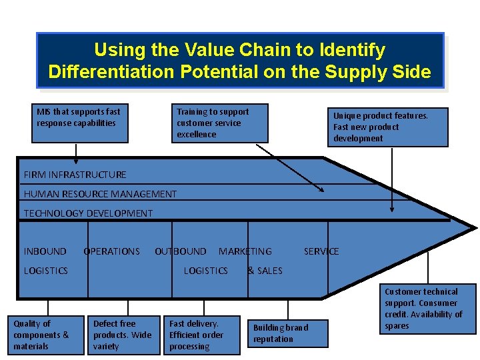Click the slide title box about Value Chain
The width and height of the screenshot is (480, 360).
[x=240, y=61]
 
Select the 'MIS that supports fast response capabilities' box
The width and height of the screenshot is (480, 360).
[x=82, y=123]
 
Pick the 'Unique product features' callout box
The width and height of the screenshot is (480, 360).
[x=391, y=127]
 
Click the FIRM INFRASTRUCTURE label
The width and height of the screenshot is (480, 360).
[x=75, y=175]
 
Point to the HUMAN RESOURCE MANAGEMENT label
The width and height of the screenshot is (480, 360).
[x=100, y=194]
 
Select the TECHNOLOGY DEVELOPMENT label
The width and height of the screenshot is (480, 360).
[x=88, y=213]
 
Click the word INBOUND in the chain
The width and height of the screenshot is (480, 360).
[x=45, y=251]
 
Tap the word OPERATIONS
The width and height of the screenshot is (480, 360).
[x=112, y=251]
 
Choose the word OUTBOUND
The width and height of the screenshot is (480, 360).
[x=181, y=251]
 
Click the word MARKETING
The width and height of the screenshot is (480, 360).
[x=245, y=251]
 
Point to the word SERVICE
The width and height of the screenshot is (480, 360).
[x=321, y=251]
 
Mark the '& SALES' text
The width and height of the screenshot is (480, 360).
[x=265, y=271]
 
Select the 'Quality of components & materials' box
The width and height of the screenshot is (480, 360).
[x=47, y=335]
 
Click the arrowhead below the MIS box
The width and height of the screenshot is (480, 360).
[x=76, y=160]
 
